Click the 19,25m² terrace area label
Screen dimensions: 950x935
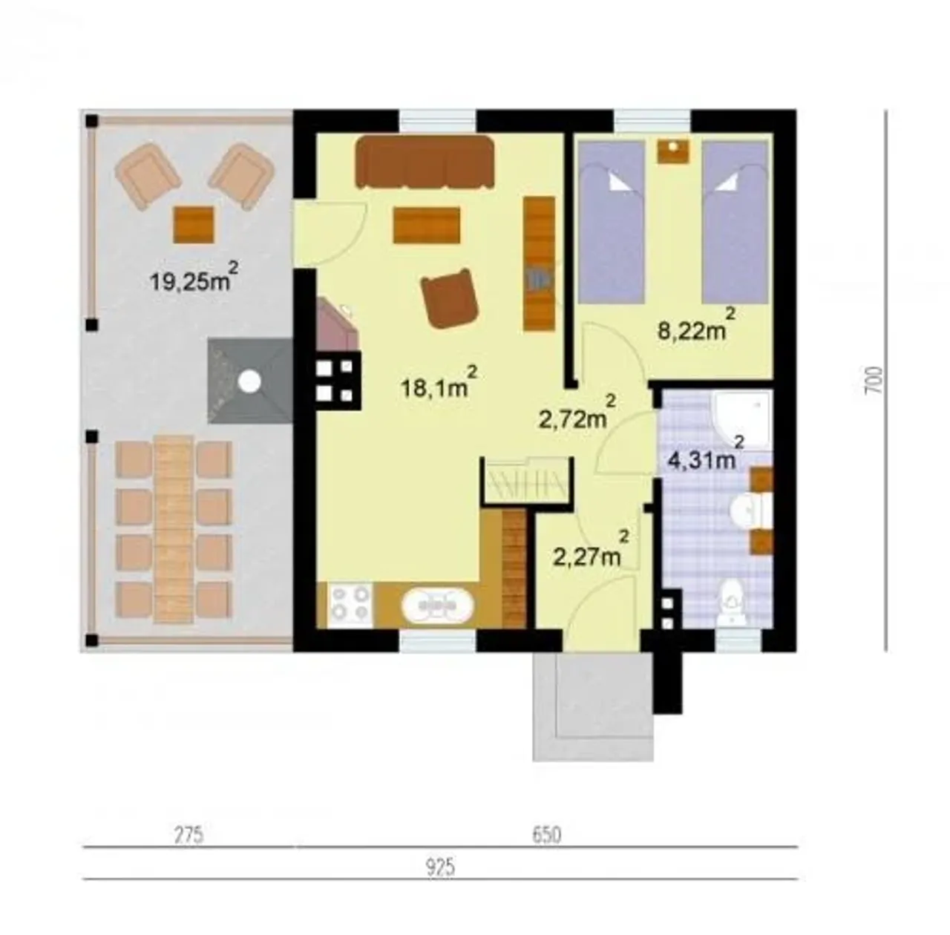coord(194,277)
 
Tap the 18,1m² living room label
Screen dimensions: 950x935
coord(439,381)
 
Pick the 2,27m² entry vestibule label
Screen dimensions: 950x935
coord(592,549)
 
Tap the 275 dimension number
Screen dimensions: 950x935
coord(189,835)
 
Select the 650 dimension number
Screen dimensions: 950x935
coord(547,835)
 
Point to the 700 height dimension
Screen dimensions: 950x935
coord(873,379)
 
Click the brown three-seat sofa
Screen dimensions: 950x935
coord(425,163)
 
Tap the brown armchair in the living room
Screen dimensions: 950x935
coord(450,298)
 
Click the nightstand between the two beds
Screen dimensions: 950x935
coord(673,151)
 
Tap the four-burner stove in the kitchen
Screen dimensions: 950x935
coord(350,604)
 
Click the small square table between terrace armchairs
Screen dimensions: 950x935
coord(194,225)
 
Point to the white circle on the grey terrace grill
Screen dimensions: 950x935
coord(250,381)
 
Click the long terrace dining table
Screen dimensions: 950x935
coord(174,528)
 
